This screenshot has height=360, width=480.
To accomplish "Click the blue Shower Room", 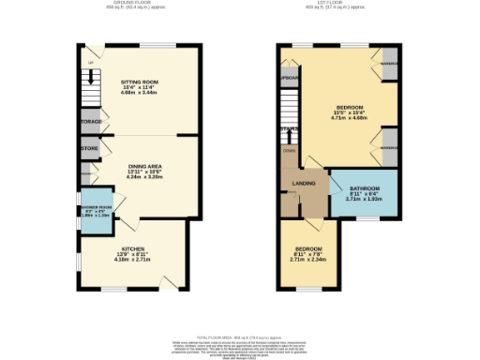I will [x=96, y=211].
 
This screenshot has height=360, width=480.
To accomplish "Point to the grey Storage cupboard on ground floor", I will [x=91, y=121].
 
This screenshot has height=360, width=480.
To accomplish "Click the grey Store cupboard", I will [x=89, y=148].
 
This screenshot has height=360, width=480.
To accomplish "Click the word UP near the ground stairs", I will [x=90, y=63].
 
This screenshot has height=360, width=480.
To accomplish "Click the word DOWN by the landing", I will [x=290, y=150].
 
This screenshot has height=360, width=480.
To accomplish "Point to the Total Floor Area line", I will [x=240, y=336].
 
